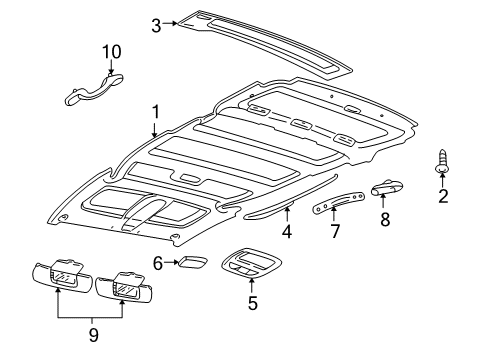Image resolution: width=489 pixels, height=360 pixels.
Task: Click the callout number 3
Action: click(156, 26)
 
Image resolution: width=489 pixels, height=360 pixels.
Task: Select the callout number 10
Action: click(112, 52)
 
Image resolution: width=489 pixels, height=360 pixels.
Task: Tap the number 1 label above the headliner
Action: click(156, 112)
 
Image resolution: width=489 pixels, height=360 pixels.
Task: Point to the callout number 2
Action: click(443, 196)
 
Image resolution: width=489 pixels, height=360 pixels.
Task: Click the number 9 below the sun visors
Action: click(94, 335)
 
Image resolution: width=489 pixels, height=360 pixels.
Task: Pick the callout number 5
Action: click(252, 303)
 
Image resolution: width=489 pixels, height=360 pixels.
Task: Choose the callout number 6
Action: click(158, 263)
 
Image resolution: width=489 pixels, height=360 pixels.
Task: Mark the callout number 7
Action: click(335, 231)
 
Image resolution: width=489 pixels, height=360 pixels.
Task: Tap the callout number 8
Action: click(385, 220)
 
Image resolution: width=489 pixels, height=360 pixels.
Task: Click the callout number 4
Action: click(287, 231)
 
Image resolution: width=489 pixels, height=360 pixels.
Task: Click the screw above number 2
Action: click(442, 162)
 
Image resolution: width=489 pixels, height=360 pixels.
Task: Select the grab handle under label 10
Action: click(94, 90)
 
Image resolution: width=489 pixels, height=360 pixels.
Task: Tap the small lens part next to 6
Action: click(193, 261)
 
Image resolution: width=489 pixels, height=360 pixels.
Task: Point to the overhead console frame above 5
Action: click(252, 263)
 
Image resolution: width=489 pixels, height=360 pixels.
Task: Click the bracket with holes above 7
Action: click(338, 203)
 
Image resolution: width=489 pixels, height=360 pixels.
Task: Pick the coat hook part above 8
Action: click(387, 187)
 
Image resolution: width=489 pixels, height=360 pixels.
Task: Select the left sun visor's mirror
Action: click(62, 277)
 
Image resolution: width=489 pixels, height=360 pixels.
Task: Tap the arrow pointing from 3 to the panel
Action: click(170, 23)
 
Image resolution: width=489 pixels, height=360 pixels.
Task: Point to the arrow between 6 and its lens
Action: click(171, 262)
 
